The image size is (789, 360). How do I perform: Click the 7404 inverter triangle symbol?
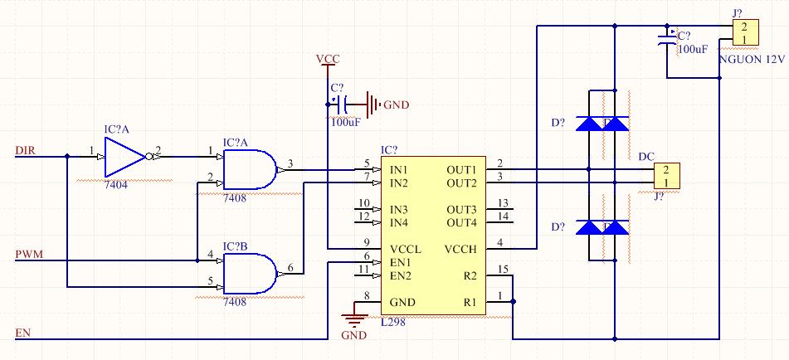pos(124,157)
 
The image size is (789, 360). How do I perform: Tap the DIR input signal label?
pos(26,150)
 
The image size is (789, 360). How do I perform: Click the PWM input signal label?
pos(29,255)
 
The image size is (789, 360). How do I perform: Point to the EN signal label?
pos(22,333)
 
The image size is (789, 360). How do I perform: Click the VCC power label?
pos(328,60)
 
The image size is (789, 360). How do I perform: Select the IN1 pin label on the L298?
pos(398,169)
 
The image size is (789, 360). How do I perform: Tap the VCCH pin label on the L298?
pos(460,249)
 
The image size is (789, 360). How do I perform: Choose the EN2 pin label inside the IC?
pos(401,275)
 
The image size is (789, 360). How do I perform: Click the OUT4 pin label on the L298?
pos(461,222)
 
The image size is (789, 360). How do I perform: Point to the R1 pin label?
pos(470,302)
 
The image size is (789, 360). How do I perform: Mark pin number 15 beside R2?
pos(503,270)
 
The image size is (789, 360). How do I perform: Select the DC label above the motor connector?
pos(646,157)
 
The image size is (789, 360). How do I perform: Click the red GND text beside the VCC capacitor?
pos(397,105)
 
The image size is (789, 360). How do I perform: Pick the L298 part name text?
pos(393,323)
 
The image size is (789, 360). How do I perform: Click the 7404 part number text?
pos(115,185)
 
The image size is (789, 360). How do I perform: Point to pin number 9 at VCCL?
pos(367,243)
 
